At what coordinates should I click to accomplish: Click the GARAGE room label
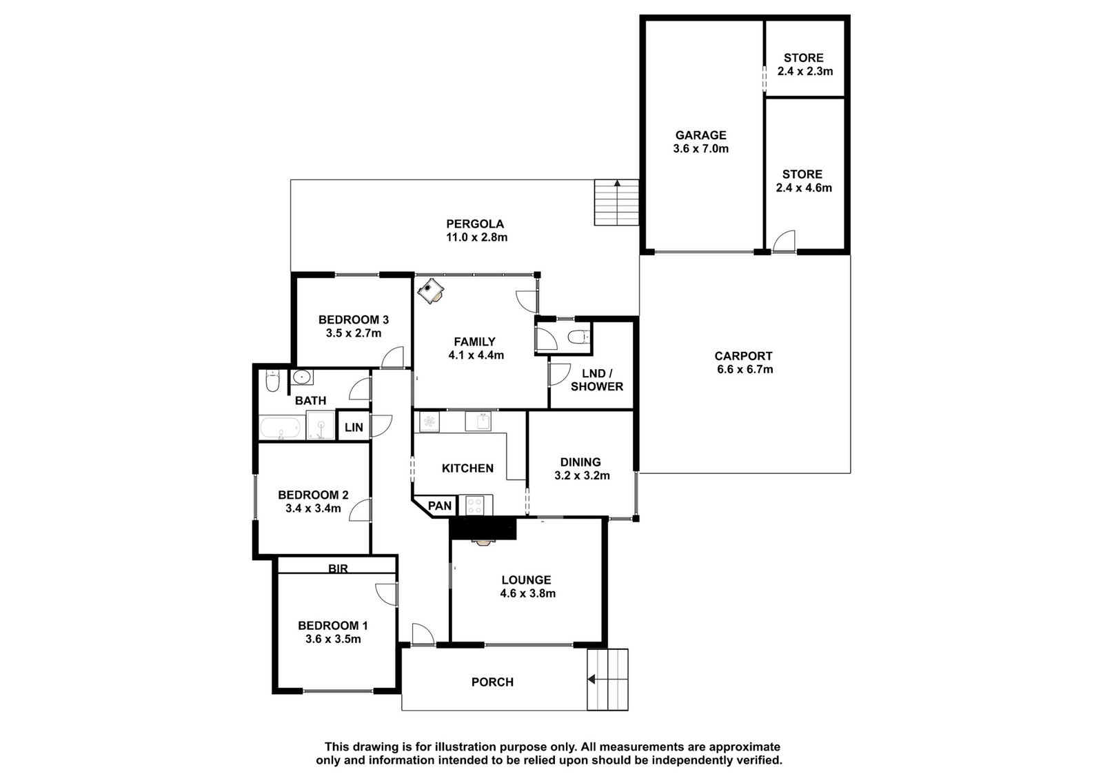pyautogui.click(x=700, y=135)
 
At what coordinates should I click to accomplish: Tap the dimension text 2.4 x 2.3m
pyautogui.click(x=805, y=72)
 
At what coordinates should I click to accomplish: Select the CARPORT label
pyautogui.click(x=744, y=356)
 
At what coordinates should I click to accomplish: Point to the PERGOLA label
pyautogui.click(x=475, y=224)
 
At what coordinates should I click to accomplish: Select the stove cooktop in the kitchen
pyautogui.click(x=475, y=505)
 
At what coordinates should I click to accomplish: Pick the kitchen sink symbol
pyautogui.click(x=478, y=422)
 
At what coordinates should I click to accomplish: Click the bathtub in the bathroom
pyautogui.click(x=280, y=428)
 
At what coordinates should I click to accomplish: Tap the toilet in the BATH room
pyautogui.click(x=272, y=380)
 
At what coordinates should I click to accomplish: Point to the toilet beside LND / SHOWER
pyautogui.click(x=578, y=337)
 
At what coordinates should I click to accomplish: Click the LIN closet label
pyautogui.click(x=354, y=427)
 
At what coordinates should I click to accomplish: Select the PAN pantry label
pyautogui.click(x=440, y=506)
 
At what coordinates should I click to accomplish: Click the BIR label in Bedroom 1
pyautogui.click(x=338, y=569)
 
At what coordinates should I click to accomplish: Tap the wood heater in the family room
pyautogui.click(x=430, y=291)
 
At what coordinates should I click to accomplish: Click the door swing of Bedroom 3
pyautogui.click(x=392, y=357)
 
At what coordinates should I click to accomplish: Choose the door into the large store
pyautogui.click(x=784, y=241)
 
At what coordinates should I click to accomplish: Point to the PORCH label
pyautogui.click(x=492, y=682)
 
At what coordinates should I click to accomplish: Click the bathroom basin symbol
pyautogui.click(x=301, y=377)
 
